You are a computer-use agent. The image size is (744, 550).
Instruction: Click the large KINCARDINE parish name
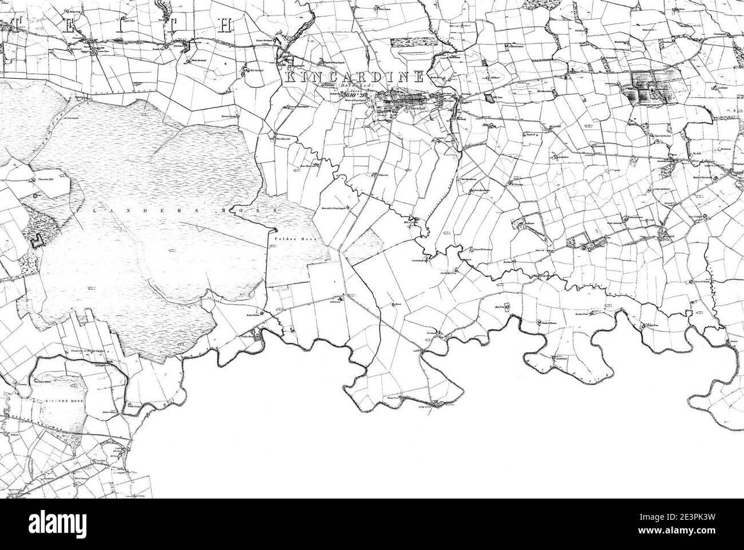pos(354,77)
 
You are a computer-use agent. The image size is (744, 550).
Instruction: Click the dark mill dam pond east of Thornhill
pos(488,98)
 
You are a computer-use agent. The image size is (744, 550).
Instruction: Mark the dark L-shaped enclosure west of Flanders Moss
pos(38,241)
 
